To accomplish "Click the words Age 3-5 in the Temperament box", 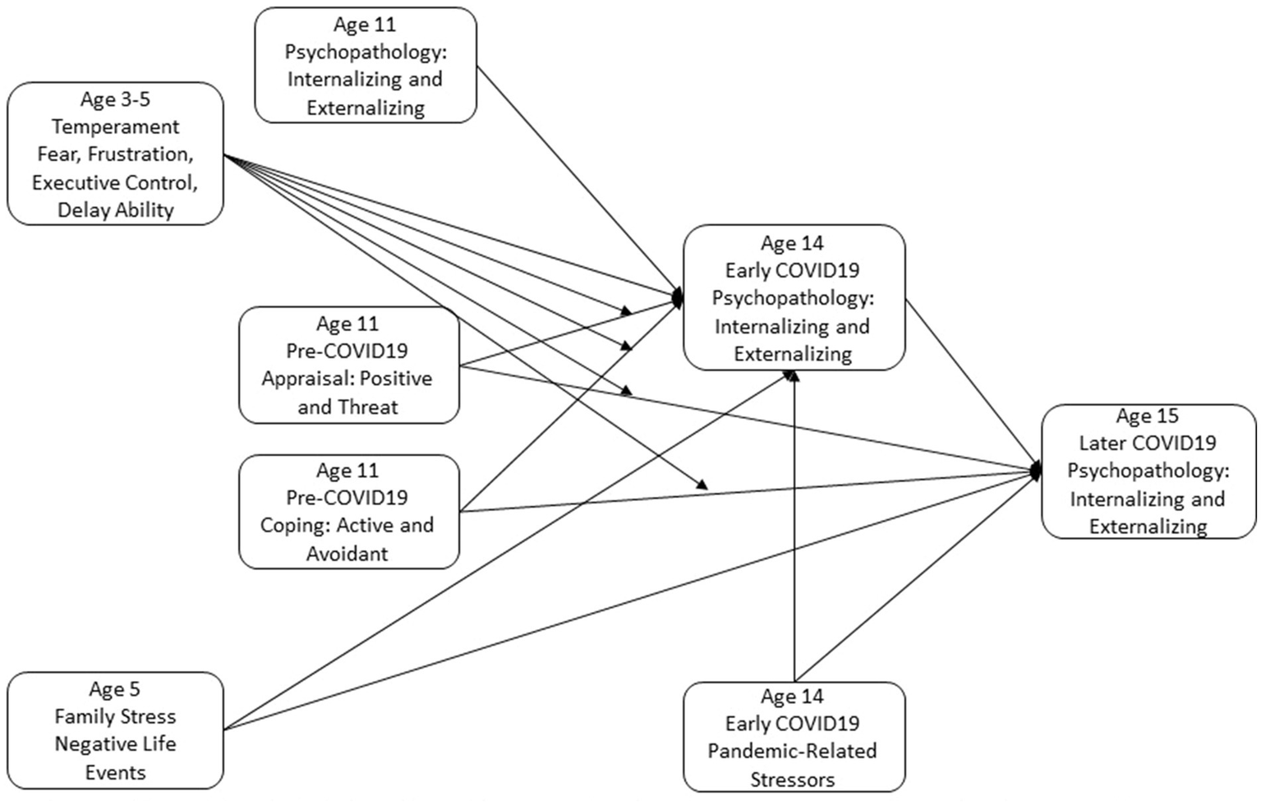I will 115,99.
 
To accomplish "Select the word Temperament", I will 115,127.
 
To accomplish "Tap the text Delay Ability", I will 115,210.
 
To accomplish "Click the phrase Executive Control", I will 115,182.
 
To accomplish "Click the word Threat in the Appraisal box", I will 370,407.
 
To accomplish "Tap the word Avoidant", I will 347,554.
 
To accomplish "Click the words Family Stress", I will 115,716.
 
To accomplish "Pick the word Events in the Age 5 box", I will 115,772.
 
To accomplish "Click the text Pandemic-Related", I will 792,751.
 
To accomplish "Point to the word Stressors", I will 792,779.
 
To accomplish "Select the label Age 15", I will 1147,416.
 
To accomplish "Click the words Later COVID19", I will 1147,444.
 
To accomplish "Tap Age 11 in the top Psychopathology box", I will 365,25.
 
